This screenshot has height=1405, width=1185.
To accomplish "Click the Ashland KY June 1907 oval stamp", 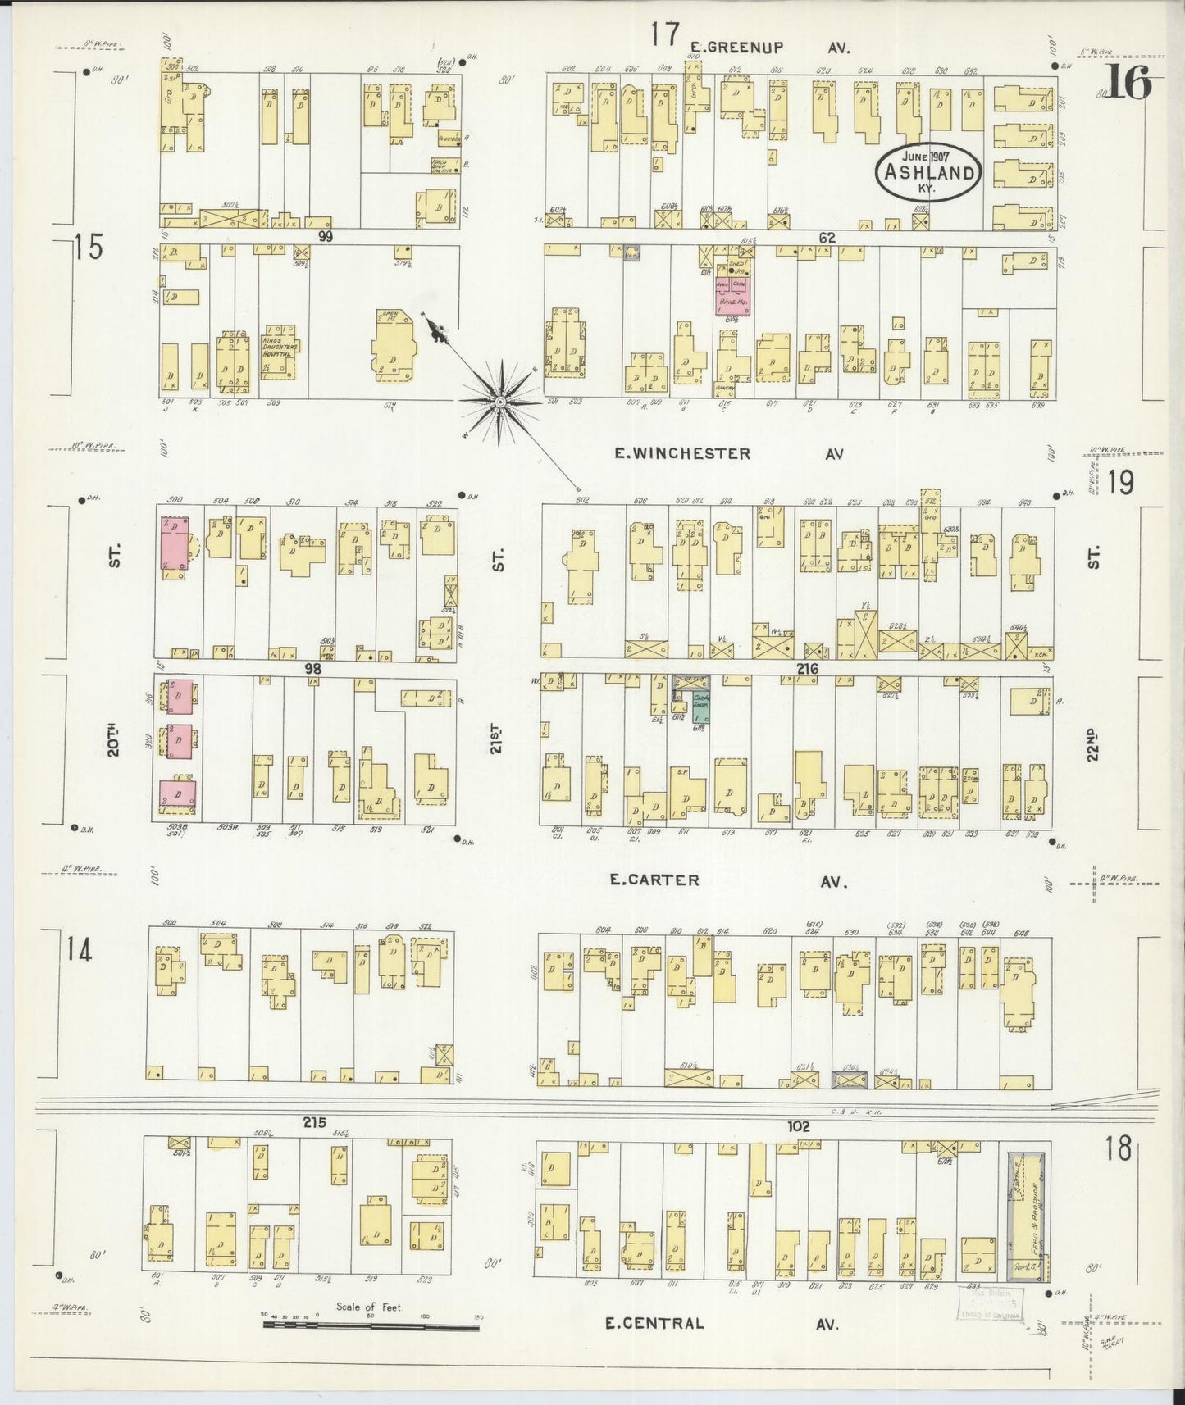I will click(928, 172).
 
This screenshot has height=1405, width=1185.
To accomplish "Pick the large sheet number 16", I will click(1131, 84).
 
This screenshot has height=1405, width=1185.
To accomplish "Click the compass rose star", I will click(499, 402).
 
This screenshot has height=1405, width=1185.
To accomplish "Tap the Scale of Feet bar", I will click(371, 1323).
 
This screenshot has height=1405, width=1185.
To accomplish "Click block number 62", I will click(826, 238).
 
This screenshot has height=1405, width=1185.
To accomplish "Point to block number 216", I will click(807, 669).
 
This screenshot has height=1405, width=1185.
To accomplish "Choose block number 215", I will click(314, 1122).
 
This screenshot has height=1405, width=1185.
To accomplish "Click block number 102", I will click(798, 1126).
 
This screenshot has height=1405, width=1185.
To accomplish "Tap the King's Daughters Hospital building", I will click(279, 352).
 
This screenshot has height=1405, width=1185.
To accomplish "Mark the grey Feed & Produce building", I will click(1026, 1216).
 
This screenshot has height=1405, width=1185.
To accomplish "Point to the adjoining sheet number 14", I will click(80, 951).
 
